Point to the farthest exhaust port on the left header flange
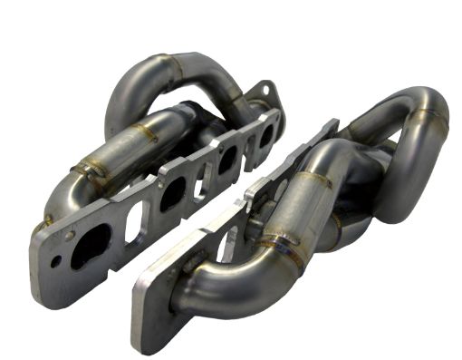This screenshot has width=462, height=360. click(x=265, y=134)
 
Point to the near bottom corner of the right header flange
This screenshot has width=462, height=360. click(x=139, y=345)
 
